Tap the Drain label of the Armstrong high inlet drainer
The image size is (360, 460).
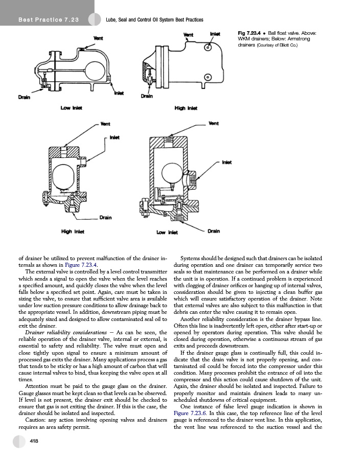click(105, 217)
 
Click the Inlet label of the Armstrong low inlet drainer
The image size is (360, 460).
click(227, 162)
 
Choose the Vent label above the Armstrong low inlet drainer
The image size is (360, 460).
click(214, 123)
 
